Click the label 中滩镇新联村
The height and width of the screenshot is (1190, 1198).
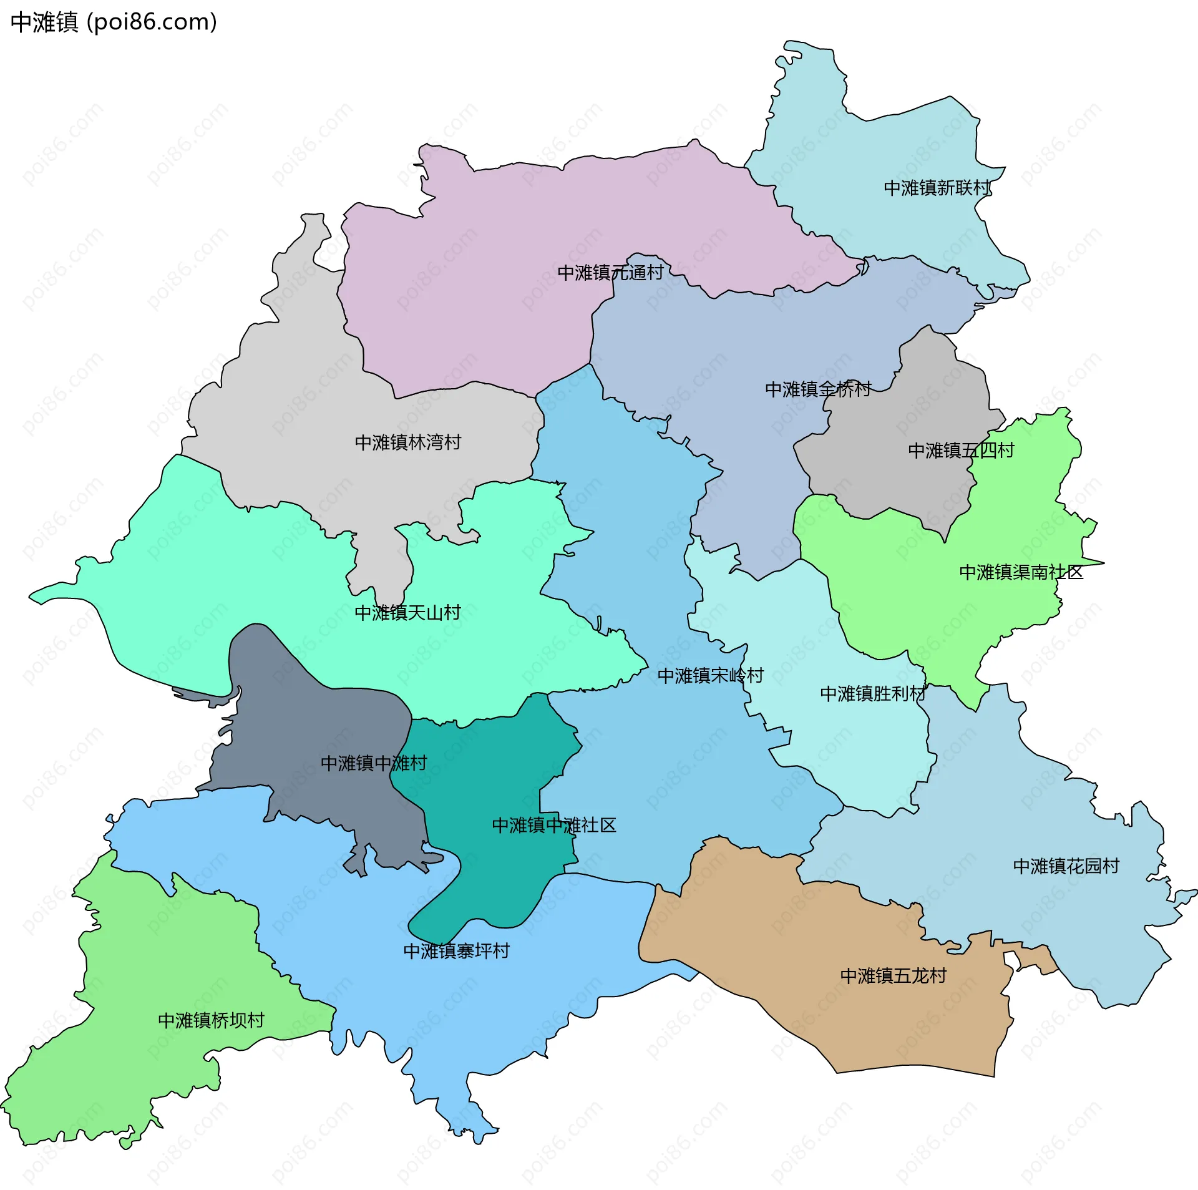(x=937, y=188)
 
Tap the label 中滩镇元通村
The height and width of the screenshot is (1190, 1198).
(x=610, y=273)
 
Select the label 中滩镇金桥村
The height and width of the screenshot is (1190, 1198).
(x=818, y=389)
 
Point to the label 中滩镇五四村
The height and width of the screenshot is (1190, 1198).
(x=961, y=451)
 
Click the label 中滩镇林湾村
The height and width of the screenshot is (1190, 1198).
(x=407, y=442)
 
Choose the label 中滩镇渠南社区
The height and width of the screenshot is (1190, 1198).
(x=1021, y=572)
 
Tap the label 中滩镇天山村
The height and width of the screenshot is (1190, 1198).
(x=407, y=613)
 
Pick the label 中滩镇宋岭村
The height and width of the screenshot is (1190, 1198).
(x=710, y=676)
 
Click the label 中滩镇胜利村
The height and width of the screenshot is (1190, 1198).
(x=873, y=694)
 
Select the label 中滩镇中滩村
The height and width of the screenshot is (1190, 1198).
(x=373, y=763)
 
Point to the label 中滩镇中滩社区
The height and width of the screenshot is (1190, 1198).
(x=554, y=826)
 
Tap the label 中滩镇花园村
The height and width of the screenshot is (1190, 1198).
(x=1066, y=866)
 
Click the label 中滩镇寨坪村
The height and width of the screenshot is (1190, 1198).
(x=457, y=951)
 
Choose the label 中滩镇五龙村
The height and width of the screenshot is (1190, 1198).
(x=894, y=976)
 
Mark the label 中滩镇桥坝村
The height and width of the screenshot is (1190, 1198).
(x=211, y=1020)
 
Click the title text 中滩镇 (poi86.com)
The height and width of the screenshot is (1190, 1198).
(x=114, y=22)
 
